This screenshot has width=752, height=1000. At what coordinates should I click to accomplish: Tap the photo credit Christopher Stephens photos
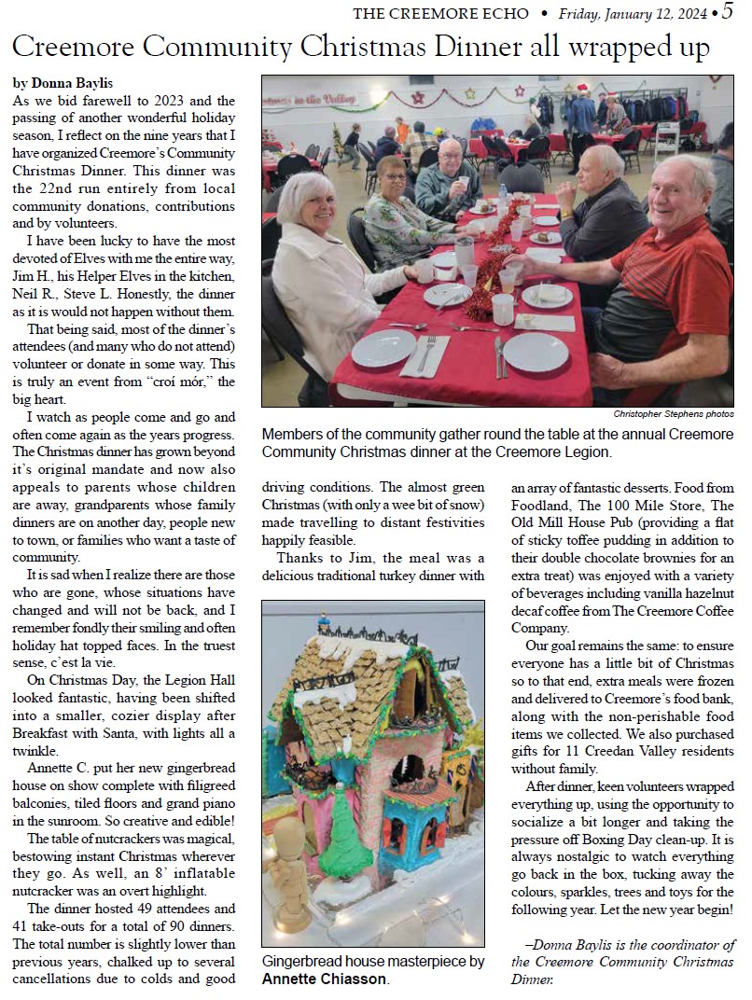674,413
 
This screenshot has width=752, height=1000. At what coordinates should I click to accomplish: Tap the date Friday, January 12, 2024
634,13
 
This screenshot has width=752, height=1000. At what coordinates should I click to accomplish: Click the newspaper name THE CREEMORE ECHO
438,13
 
